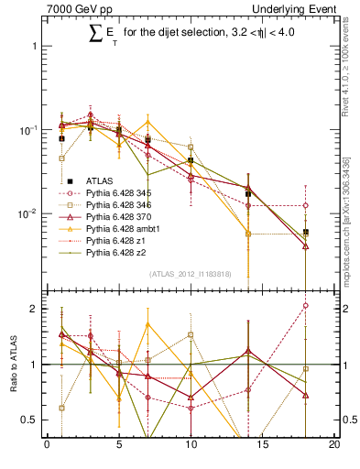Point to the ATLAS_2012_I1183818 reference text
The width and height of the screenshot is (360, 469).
[x=191, y=274]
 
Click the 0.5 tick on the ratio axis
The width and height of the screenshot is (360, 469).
[x=31, y=420]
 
